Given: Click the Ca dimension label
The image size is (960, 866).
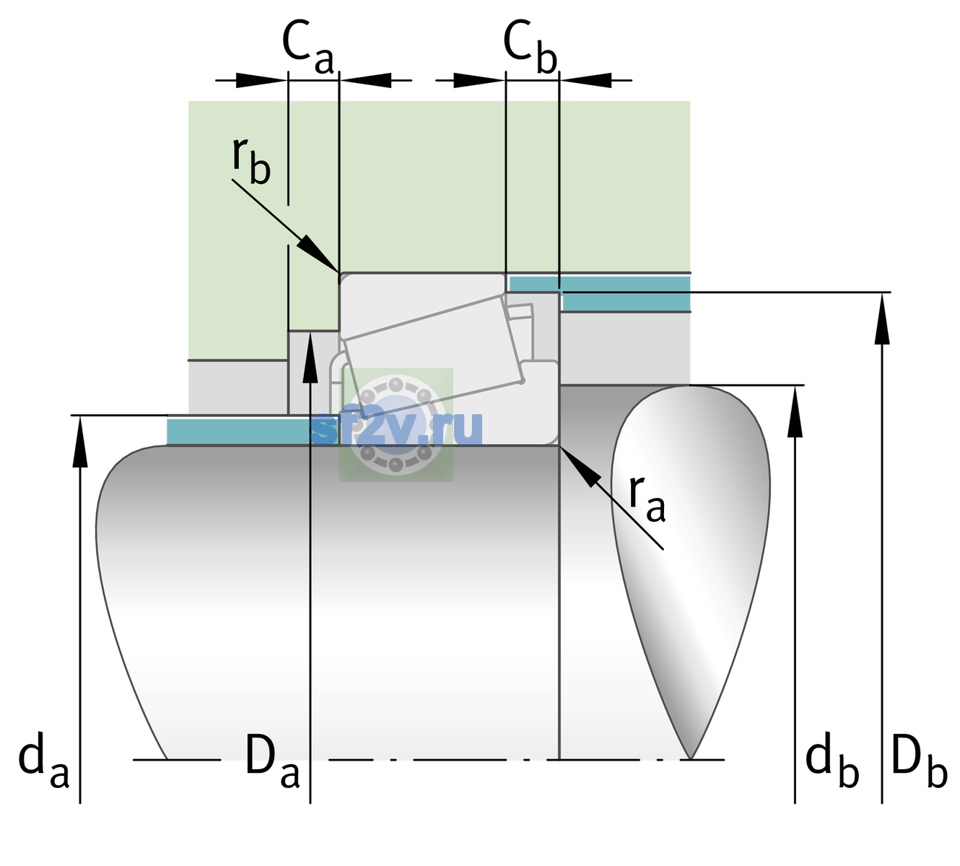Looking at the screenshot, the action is pyautogui.click(x=307, y=47).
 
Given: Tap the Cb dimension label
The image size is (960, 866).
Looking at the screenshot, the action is pyautogui.click(x=531, y=47).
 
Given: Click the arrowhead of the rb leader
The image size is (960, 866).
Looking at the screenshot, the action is pyautogui.click(x=317, y=253).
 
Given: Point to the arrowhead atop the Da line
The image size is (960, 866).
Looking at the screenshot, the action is pyautogui.click(x=310, y=357).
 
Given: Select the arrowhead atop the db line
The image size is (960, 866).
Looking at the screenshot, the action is pyautogui.click(x=795, y=411).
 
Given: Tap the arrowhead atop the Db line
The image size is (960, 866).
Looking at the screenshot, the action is pyautogui.click(x=882, y=319).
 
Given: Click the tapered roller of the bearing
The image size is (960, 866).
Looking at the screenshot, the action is pyautogui.click(x=433, y=357).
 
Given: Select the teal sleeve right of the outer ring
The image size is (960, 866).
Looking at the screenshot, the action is pyautogui.click(x=601, y=293).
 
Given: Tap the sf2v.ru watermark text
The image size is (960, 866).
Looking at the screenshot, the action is pyautogui.click(x=396, y=428).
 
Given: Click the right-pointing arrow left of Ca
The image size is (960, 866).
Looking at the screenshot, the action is pyautogui.click(x=261, y=80).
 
